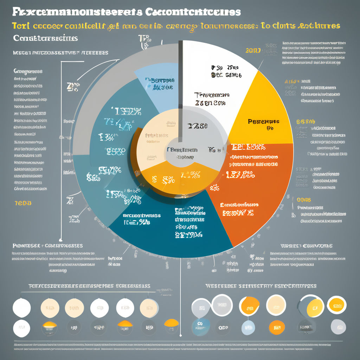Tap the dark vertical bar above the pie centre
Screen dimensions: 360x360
[x=180, y=88]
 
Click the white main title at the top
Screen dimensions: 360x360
[x=127, y=12]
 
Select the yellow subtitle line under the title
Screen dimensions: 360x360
[x=176, y=26]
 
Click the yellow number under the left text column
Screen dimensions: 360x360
[x=23, y=203]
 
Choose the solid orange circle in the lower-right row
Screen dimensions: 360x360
[x=277, y=327]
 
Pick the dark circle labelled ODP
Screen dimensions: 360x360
[x=223, y=327]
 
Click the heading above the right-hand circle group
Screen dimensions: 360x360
[x=261, y=286]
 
